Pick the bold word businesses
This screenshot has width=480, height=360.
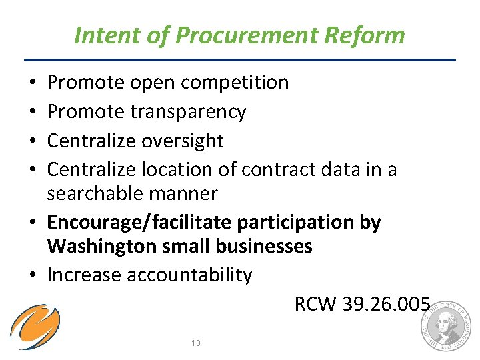point(263,247)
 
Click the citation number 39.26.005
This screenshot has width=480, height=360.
point(386,304)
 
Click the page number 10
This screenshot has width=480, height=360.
point(195,343)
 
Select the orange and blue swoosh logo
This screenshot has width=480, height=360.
point(35,327)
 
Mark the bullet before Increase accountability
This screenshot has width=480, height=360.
point(33,275)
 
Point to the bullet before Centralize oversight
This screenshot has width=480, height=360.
point(33,141)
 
